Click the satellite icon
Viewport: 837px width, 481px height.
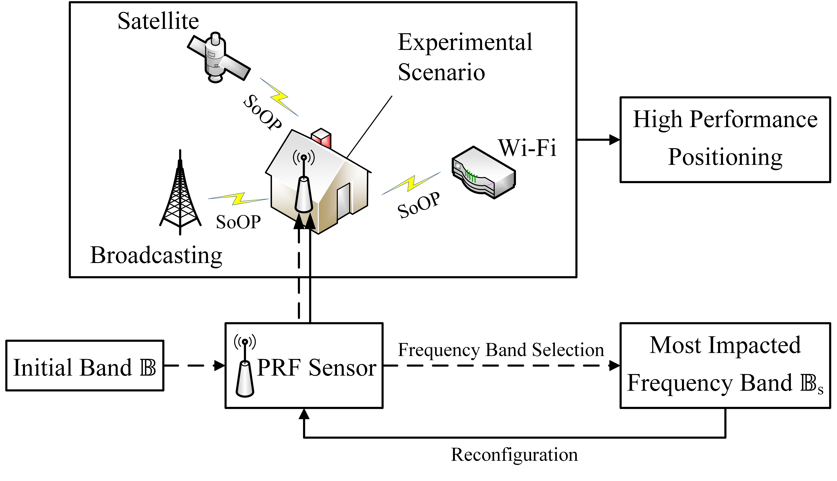pyautogui.click(x=218, y=58)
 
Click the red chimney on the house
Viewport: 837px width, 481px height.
pyautogui.click(x=321, y=138)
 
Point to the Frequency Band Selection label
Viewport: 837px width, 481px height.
pyautogui.click(x=501, y=350)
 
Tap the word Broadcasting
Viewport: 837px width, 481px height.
pyautogui.click(x=156, y=255)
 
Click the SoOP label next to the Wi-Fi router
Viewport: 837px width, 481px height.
pyautogui.click(x=419, y=206)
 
